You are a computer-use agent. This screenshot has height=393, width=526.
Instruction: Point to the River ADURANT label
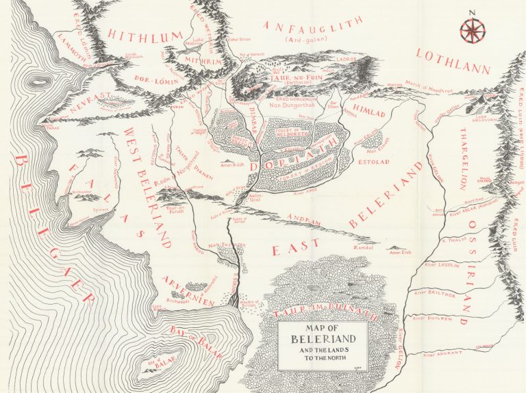click(x=440, y=355)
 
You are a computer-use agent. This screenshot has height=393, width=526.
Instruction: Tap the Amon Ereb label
click(x=400, y=253)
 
